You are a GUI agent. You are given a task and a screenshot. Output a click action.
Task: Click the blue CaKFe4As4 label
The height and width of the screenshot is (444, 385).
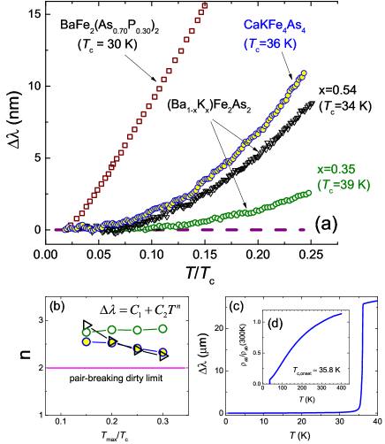pos(275,27)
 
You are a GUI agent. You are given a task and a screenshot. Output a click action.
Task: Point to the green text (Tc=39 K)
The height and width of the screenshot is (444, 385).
pos(343,185)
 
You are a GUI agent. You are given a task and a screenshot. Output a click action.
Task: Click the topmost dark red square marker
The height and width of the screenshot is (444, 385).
pos(205,6)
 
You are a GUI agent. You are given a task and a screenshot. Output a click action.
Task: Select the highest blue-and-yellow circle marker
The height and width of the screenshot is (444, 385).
pos(304,73)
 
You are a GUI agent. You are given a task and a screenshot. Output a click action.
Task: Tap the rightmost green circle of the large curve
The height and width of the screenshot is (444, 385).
pos(308,192)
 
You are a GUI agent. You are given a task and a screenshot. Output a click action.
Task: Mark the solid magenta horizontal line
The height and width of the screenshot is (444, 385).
pos(116,368)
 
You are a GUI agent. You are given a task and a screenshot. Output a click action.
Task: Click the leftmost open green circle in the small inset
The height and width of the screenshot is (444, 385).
pos(86,333)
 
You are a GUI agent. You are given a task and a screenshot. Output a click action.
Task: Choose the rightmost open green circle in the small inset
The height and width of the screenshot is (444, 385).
pos(163,328)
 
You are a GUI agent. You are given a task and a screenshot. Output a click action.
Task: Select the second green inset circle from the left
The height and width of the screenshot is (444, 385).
pos(111,330)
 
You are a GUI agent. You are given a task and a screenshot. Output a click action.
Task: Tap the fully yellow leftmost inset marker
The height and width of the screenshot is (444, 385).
pos(86,341)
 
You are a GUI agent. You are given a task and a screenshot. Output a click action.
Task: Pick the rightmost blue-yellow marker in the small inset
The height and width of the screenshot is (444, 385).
pos(163,352)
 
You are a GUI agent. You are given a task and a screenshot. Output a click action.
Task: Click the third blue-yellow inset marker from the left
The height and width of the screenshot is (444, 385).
pos(138,348)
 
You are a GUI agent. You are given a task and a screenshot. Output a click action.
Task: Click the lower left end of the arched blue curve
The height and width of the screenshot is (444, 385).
pos(269,382)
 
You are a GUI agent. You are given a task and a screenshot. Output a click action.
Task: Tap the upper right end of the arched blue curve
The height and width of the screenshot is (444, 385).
pos(343,315)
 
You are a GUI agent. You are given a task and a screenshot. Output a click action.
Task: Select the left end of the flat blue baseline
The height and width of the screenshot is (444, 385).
pos(229,412)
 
